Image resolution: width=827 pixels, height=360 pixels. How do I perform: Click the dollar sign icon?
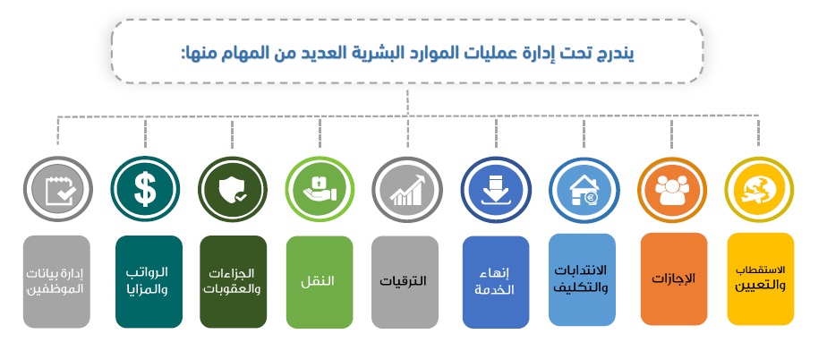[145, 190]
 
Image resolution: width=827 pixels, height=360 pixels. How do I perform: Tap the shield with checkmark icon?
[233, 190]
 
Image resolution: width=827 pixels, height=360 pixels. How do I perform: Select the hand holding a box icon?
[320, 190]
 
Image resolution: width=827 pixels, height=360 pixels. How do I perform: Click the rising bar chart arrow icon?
[407, 190]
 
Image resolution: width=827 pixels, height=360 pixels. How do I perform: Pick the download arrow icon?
[494, 190]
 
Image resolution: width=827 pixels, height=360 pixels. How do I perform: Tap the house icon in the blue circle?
[584, 190]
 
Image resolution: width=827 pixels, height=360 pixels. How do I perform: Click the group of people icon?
[672, 190]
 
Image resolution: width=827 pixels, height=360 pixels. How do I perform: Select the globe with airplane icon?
[759, 191]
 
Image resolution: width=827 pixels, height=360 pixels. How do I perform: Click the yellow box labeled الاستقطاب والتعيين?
[760, 279]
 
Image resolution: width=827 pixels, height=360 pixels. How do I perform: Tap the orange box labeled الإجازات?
[674, 279]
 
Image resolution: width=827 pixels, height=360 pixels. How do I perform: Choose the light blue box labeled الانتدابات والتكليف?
[582, 279]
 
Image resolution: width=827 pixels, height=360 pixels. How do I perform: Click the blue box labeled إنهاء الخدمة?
[496, 282]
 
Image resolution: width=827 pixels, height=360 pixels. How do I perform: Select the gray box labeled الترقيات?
[405, 282]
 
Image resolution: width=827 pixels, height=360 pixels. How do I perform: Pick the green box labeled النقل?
[320, 282]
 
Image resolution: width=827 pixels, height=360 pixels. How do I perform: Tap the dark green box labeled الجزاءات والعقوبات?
[233, 281]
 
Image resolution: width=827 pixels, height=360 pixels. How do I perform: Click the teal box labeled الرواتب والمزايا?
[149, 281]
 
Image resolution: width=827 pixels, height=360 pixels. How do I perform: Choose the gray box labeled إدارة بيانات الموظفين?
[56, 281]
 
